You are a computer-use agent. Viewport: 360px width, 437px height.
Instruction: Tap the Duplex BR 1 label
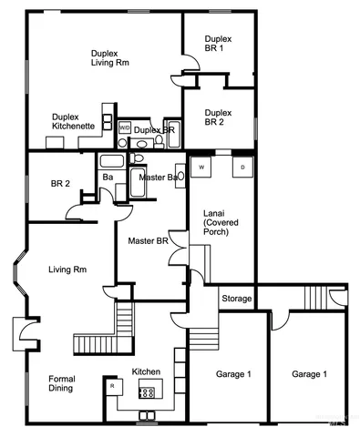tap(217, 45)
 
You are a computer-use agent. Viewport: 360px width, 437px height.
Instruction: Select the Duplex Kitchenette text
tap(69, 121)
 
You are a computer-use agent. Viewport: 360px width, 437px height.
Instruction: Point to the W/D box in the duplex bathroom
tap(125, 128)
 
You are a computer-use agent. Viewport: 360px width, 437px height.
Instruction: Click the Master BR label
tap(147, 240)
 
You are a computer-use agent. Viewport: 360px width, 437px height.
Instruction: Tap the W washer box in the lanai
tap(201, 168)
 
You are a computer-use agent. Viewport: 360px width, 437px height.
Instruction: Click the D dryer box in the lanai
tap(242, 168)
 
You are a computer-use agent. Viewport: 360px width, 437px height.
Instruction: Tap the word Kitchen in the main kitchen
tap(147, 371)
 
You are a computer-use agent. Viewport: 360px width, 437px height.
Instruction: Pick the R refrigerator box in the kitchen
tap(112, 387)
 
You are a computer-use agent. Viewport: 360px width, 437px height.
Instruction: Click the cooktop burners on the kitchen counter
tap(146, 392)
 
